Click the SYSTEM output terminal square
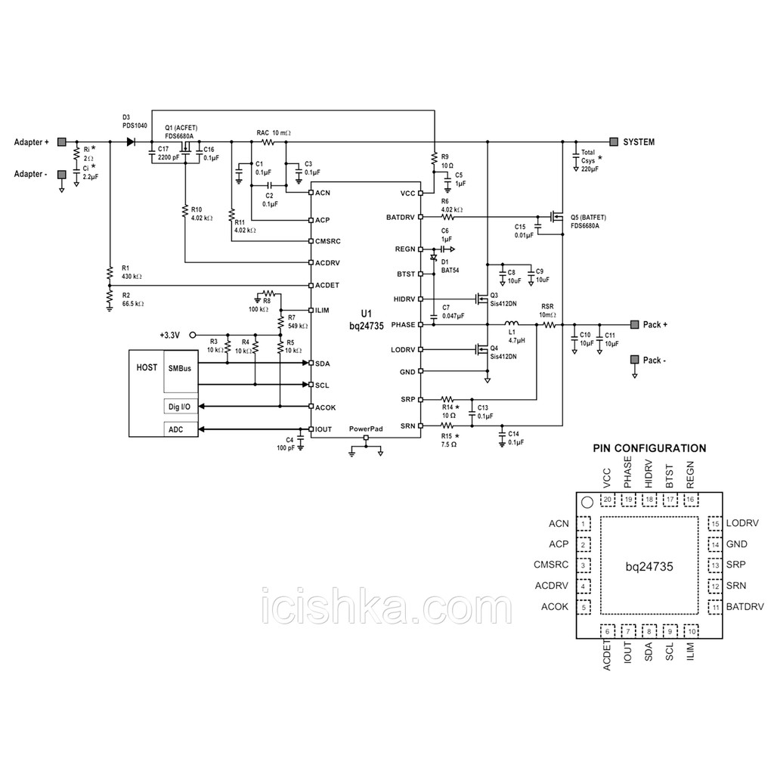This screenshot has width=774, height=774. tap(614, 141)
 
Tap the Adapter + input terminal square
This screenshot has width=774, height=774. tap(62, 141)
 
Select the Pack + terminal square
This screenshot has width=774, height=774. tap(635, 324)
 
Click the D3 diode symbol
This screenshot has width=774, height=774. tap(131, 141)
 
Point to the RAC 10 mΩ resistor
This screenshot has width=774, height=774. tap(268, 142)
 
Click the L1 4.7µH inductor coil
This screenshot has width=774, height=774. tap(512, 324)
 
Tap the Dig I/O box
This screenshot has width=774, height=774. tap(180, 406)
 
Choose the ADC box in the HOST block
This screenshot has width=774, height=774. tap(180, 429)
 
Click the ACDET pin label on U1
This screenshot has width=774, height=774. tap(327, 285)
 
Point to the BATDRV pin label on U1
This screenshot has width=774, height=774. tap(401, 217)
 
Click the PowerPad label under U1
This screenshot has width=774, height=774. tap(366, 429)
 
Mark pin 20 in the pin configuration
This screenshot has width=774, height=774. tap(608, 500)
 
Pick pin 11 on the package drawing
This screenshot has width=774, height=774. tap(716, 607)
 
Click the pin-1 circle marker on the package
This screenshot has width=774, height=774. tap(587, 503)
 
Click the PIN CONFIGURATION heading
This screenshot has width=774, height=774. tap(649, 448)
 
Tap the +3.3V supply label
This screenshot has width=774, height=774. tap(170, 335)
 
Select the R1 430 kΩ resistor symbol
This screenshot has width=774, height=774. tap(109, 273)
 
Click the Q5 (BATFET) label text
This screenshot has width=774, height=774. tap(588, 217)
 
